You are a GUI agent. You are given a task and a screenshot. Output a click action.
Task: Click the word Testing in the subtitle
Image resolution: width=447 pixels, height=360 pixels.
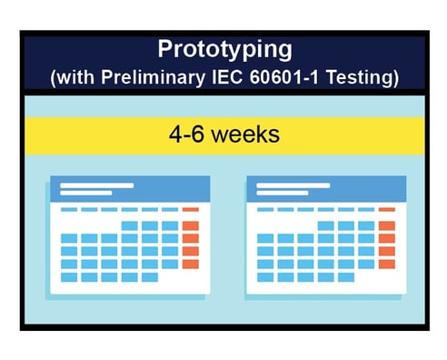(x=367, y=77)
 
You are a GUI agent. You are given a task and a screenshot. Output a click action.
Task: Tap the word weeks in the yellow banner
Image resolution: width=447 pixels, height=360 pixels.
(x=247, y=134)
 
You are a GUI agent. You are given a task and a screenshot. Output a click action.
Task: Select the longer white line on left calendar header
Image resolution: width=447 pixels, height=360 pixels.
(x=96, y=185)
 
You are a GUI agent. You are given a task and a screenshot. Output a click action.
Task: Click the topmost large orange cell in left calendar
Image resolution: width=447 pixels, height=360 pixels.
(x=190, y=225)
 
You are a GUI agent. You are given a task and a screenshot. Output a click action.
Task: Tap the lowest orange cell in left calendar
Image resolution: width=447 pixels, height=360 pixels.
(x=190, y=264)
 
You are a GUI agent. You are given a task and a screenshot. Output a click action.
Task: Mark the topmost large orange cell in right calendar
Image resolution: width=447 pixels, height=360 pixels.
(x=386, y=225)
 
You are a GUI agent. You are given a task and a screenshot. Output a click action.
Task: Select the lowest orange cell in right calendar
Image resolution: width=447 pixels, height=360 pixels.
(x=386, y=264)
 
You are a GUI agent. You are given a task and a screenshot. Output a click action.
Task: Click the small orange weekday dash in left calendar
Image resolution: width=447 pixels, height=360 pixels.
(x=190, y=210)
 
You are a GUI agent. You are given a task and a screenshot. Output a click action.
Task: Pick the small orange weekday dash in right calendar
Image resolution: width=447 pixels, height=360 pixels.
(x=386, y=210)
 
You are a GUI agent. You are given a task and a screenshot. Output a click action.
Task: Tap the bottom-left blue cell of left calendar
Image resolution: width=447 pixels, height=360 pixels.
(x=69, y=276)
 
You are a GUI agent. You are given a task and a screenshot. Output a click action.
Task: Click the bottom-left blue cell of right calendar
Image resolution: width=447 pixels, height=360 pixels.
(x=265, y=276)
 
